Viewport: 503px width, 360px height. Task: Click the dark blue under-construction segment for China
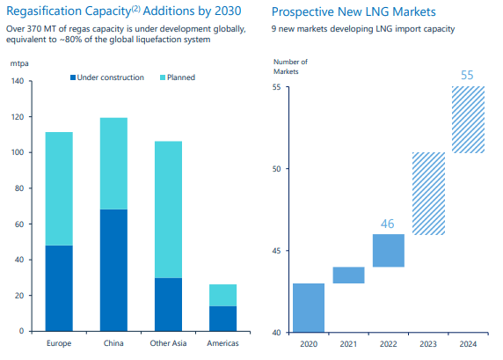pos(113,270)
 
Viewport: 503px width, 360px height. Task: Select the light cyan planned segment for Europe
pos(59,188)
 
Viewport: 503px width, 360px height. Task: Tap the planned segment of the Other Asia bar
pos(168,209)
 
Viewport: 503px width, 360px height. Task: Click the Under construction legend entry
pos(106,77)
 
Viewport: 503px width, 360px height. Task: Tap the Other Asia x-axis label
pos(168,343)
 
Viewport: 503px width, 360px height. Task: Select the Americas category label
pos(222,343)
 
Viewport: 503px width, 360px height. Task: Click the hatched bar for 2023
pos(429,193)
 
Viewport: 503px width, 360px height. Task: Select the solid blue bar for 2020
pos(308,307)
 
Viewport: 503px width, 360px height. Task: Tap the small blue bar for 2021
pos(348,275)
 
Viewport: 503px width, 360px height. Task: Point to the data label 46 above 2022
pos(388,224)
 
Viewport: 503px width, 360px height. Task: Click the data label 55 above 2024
pos(470,74)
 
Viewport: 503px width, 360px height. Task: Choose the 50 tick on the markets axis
pos(275,168)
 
